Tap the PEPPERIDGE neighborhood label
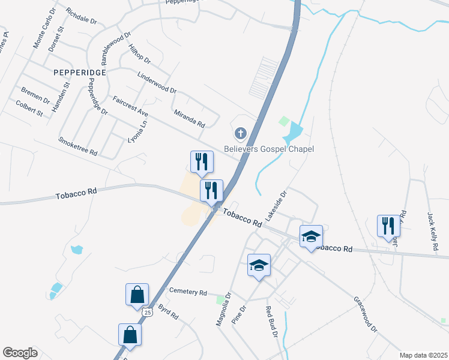point(80,72)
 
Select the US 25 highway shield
point(147,312)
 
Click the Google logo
point(20,353)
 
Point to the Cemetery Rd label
point(188,292)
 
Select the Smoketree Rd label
point(77,146)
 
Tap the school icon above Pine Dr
point(259,265)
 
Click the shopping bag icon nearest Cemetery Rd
point(137,295)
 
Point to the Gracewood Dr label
point(365,314)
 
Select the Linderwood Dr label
point(157,83)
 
